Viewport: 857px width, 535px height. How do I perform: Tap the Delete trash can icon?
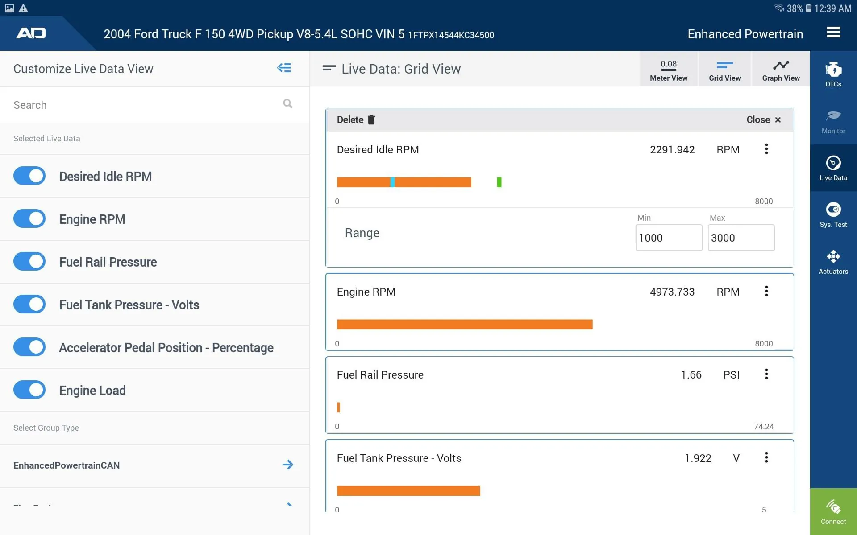371,119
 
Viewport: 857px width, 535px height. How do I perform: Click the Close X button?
778,119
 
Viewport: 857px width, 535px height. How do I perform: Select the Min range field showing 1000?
668,238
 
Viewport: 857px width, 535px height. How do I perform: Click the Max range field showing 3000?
741,238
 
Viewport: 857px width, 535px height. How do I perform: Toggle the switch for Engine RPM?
29,219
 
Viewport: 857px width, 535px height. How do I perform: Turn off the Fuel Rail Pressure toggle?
29,262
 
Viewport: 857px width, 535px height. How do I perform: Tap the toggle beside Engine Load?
29,390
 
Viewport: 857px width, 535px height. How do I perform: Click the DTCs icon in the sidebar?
833,74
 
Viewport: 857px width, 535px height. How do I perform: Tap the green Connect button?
833,511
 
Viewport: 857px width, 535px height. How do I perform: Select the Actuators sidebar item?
833,261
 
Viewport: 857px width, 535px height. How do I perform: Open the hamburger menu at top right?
833,33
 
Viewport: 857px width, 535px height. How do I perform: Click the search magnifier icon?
288,104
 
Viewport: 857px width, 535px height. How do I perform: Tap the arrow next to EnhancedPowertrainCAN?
288,465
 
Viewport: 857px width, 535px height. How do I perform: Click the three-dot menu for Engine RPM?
766,291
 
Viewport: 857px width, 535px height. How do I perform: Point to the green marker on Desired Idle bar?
499,182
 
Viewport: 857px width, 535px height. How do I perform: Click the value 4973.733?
672,292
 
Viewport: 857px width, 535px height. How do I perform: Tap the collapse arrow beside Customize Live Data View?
284,68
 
